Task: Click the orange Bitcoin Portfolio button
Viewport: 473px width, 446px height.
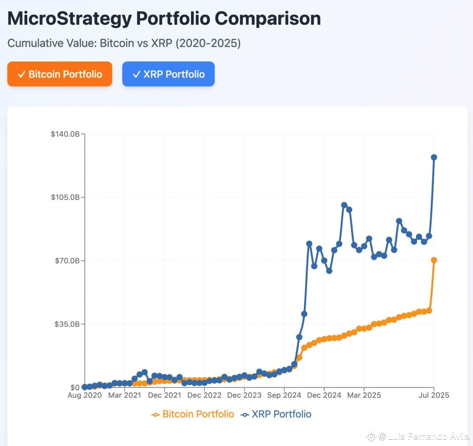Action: click(x=60, y=74)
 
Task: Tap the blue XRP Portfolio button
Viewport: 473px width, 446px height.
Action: click(x=168, y=74)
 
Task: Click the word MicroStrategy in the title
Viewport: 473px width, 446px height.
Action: click(x=70, y=19)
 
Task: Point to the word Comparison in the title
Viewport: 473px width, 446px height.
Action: click(x=267, y=19)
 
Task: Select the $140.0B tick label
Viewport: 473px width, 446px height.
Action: click(x=65, y=134)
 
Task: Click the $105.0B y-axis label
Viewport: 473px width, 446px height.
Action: click(x=65, y=197)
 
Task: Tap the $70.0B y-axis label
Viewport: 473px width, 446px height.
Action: click(x=67, y=261)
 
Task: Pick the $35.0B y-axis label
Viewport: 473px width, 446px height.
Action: click(x=67, y=324)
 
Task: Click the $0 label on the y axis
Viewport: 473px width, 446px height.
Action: click(x=75, y=387)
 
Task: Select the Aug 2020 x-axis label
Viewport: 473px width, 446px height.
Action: click(x=85, y=395)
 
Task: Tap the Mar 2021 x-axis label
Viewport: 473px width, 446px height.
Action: click(x=124, y=395)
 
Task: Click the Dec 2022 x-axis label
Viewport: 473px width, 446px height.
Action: click(x=204, y=395)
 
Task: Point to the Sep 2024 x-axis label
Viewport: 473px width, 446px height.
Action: click(x=284, y=395)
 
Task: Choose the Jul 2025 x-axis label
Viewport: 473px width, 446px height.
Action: click(x=434, y=395)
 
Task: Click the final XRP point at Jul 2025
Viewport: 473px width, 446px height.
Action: click(x=434, y=157)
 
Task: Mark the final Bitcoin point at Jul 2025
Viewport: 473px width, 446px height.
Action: click(x=434, y=260)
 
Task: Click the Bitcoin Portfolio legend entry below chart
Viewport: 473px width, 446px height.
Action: click(x=193, y=414)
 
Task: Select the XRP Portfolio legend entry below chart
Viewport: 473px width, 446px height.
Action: click(x=276, y=414)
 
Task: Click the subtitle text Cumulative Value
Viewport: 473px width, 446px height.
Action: click(x=51, y=43)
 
